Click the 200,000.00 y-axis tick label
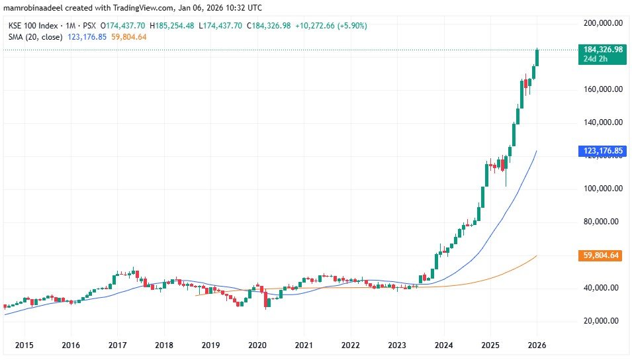602,22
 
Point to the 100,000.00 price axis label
602,189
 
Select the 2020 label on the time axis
257,345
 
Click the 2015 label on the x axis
24,345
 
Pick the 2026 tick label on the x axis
537,345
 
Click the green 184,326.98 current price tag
602,50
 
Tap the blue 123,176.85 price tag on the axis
602,151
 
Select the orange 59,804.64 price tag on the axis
602,255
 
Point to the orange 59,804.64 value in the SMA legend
130,37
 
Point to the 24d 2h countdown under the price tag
595,59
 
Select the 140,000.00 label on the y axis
602,122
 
